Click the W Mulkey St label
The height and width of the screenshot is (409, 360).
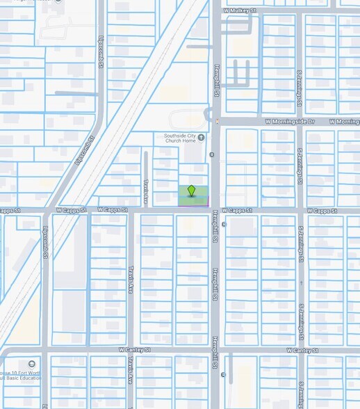click(x=240, y=11)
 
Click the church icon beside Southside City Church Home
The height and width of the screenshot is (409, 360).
click(x=202, y=137)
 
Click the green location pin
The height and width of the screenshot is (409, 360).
click(x=192, y=191)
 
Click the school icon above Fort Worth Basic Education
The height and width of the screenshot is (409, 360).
click(x=32, y=364)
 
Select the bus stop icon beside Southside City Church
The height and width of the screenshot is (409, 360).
click(x=212, y=154)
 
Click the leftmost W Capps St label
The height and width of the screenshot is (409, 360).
click(x=72, y=209)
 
